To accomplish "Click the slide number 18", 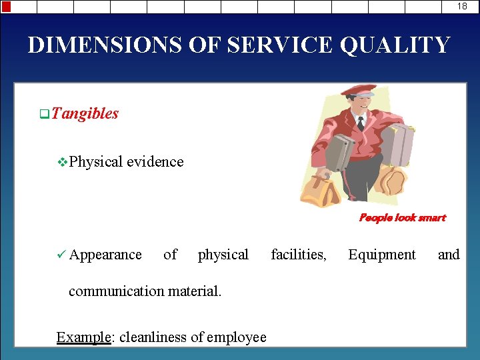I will click(462, 6).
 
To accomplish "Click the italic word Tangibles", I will click(85, 113).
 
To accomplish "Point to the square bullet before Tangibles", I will click(44, 114).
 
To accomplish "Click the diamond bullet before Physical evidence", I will click(63, 162).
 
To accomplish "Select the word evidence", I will click(155, 161).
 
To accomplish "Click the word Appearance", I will click(105, 255).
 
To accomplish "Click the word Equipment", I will click(381, 255).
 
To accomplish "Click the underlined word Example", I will click(83, 337).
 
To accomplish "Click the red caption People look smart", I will click(402, 217).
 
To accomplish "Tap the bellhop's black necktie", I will click(361, 123).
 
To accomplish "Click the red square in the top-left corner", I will click(6, 7).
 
